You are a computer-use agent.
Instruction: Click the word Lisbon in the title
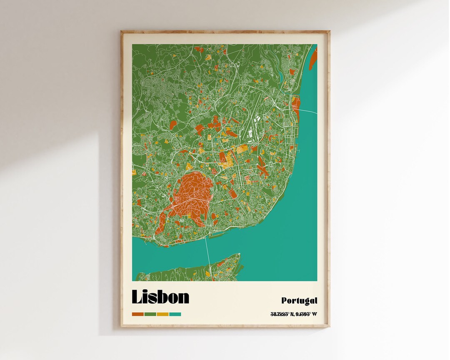[x=160, y=297]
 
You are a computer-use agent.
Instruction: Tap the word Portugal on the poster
[x=299, y=300]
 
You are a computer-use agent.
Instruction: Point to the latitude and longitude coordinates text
[x=293, y=314]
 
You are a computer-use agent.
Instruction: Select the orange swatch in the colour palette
[x=137, y=314]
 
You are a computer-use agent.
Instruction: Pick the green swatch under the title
[x=150, y=314]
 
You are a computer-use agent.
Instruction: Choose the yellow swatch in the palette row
[x=162, y=314]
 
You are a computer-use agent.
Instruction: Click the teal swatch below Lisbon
[x=175, y=314]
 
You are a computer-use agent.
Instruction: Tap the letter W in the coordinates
[x=314, y=314]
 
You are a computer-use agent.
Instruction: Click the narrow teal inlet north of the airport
[x=282, y=77]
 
